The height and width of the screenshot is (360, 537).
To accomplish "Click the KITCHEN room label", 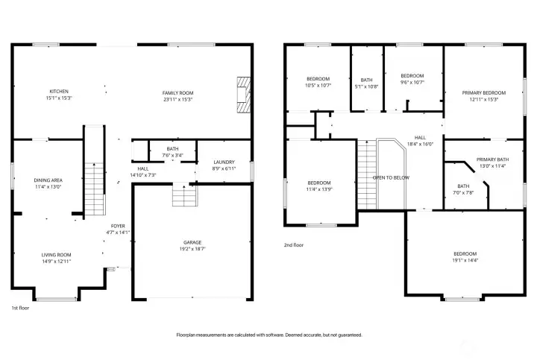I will (59, 92).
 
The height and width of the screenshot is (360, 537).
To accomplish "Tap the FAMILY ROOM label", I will (178, 92).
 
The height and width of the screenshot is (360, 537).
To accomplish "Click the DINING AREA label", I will (48, 180).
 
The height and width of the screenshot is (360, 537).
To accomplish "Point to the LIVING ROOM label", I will (56, 255).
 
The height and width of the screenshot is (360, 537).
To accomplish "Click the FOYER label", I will (118, 226).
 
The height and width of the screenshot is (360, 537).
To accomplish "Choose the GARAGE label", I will (192, 242).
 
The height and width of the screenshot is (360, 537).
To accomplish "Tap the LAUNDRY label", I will (224, 162).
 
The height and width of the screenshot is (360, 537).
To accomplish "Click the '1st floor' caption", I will (20, 308).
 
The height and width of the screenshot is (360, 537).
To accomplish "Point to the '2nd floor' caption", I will (293, 244).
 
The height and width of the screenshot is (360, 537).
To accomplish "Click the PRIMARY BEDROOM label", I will (483, 92).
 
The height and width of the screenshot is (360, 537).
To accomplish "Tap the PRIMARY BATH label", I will (492, 159).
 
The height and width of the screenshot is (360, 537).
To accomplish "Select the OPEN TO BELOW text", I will (391, 177).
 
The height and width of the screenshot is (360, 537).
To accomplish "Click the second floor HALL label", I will (421, 137).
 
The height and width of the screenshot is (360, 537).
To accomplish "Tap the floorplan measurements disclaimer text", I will (268, 335).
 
